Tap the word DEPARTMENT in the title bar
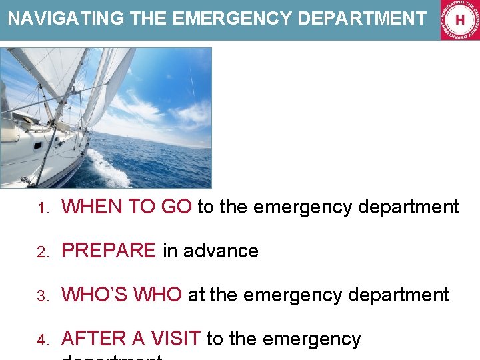362,18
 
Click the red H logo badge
459,20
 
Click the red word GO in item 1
177,207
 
